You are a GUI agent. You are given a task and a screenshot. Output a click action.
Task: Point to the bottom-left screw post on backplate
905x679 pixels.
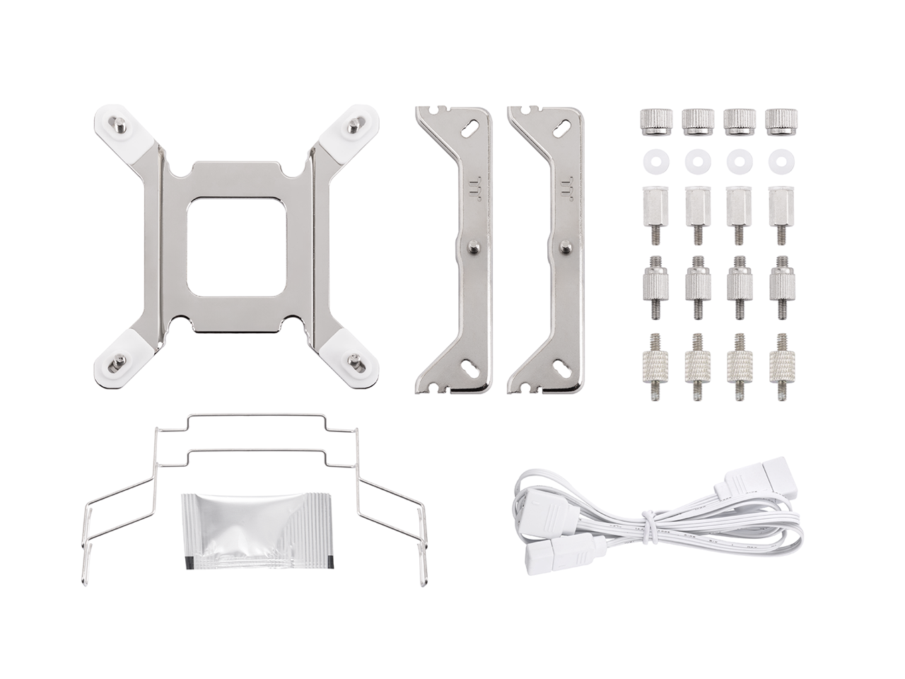click(x=117, y=364)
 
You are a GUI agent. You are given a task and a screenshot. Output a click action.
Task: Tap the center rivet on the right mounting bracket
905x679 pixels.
click(x=564, y=246)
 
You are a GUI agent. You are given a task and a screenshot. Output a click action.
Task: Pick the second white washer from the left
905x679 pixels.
click(x=695, y=161)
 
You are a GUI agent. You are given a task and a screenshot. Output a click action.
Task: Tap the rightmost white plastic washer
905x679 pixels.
click(x=781, y=161)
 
